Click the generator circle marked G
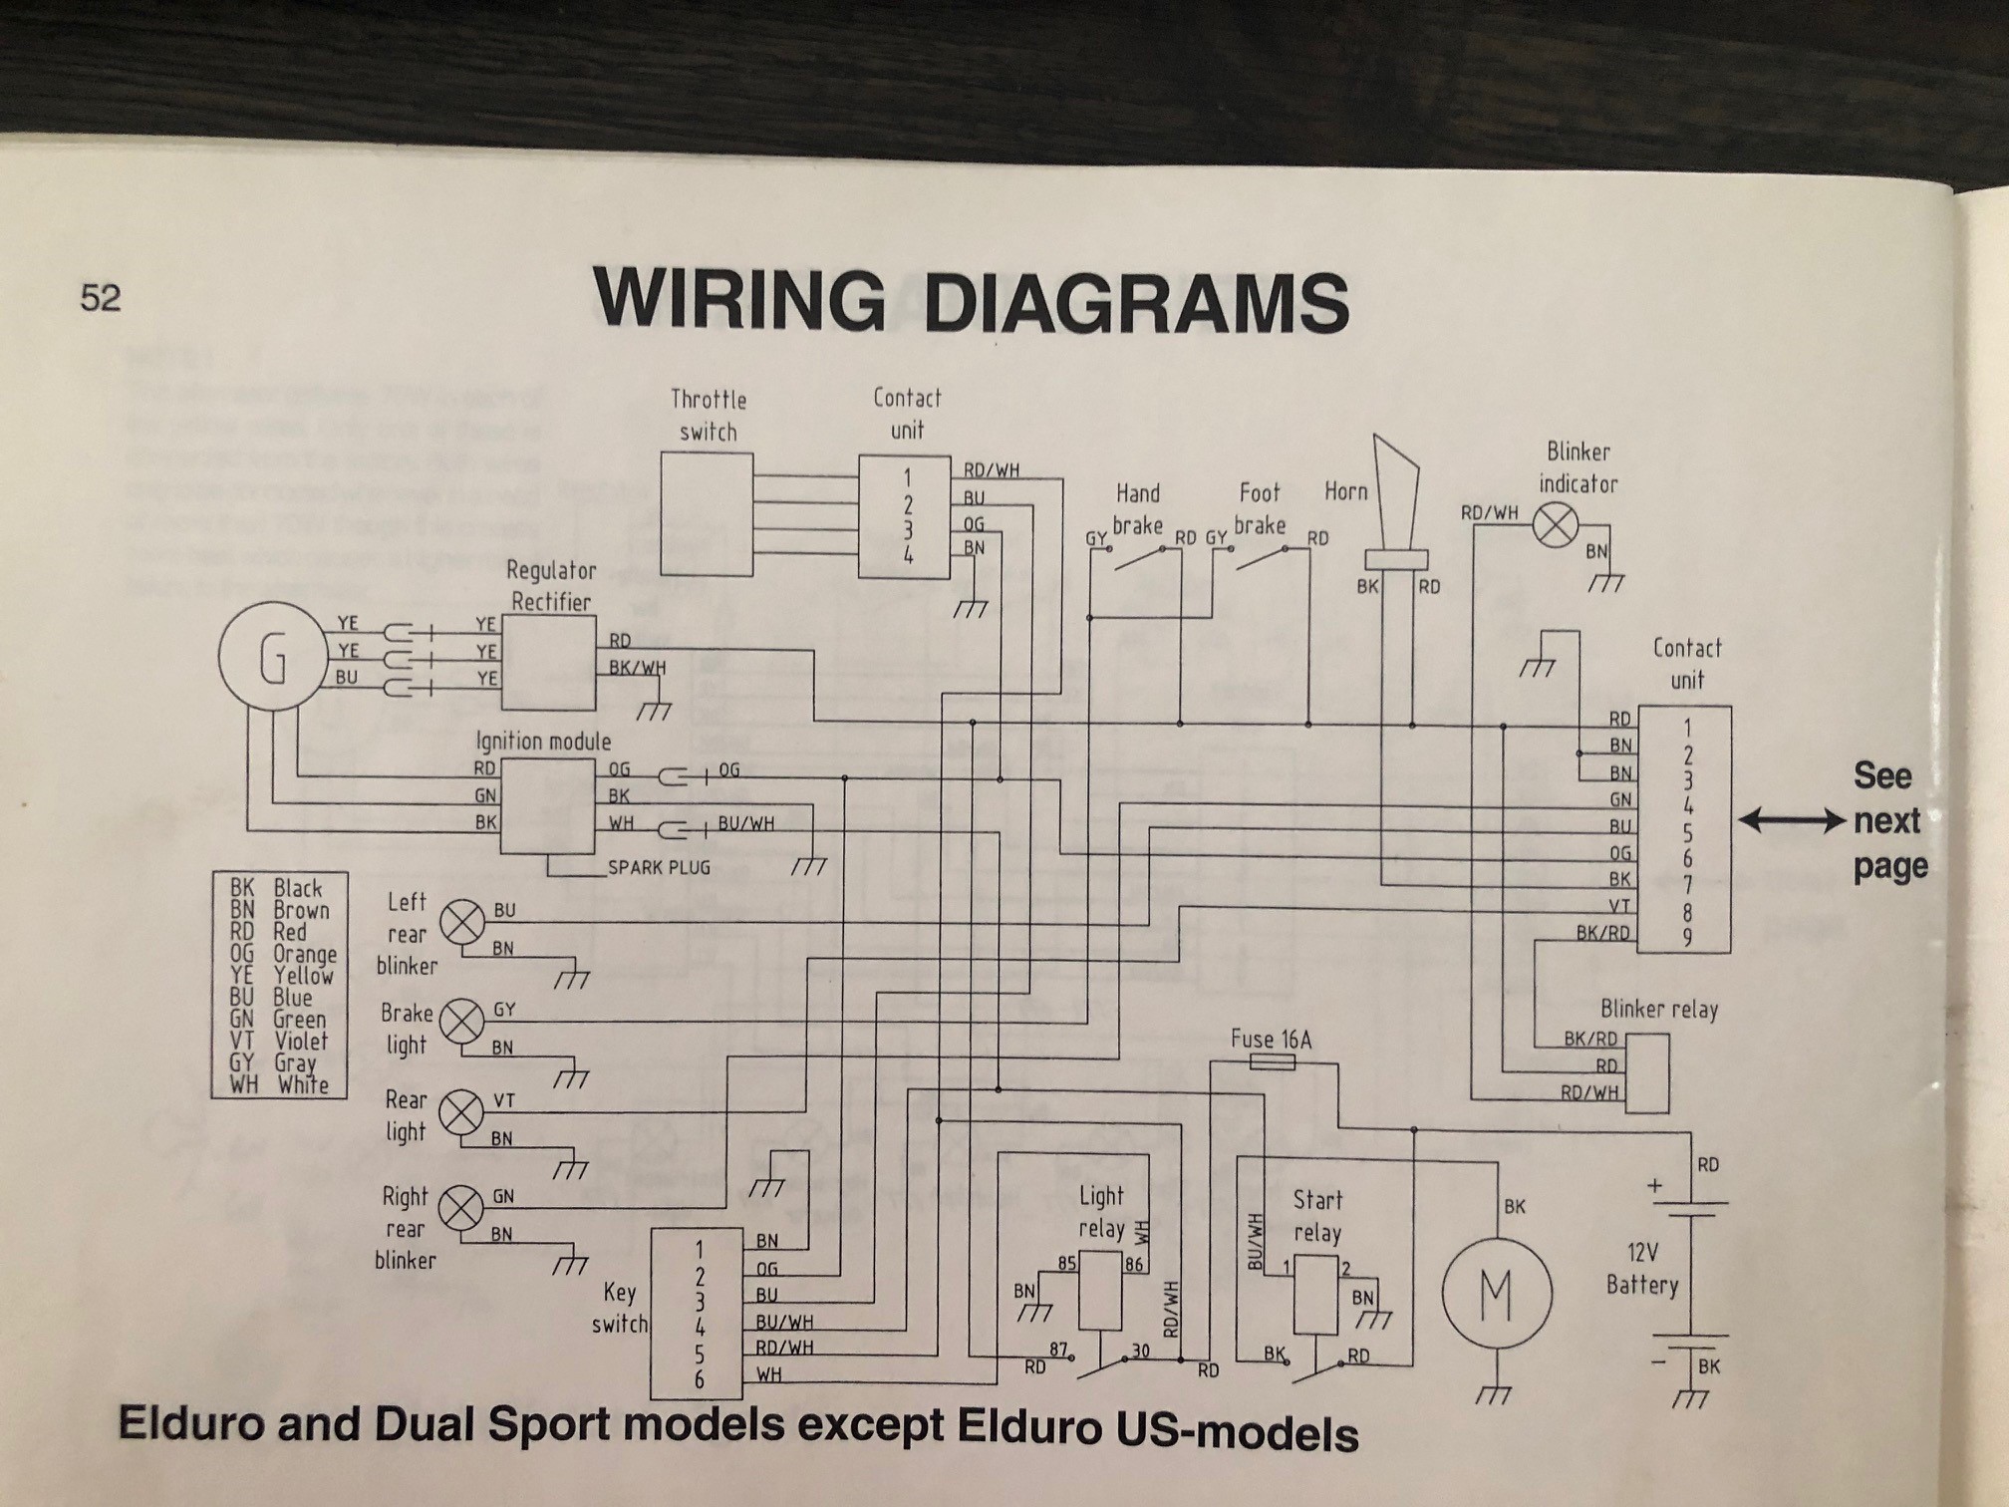click(273, 657)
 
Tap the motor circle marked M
click(1496, 1292)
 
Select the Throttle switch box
click(707, 514)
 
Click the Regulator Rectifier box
click(549, 662)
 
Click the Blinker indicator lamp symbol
click(1554, 524)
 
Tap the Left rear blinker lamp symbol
click(462, 922)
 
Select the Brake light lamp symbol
click(462, 1021)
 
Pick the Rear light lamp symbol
click(461, 1111)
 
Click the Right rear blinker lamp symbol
click(461, 1208)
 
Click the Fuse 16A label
click(1271, 1040)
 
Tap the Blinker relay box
click(1646, 1072)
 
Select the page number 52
click(101, 298)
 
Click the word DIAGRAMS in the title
click(1136, 301)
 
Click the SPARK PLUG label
click(659, 867)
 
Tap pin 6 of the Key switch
click(700, 1379)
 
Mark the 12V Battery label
click(1642, 1268)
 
